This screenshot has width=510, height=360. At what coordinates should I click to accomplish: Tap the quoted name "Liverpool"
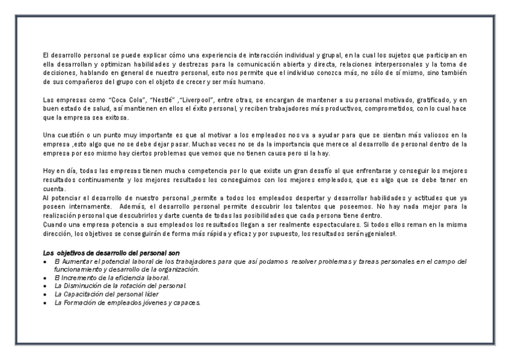click(x=164, y=99)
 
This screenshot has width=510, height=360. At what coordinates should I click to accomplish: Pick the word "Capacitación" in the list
click(x=81, y=294)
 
